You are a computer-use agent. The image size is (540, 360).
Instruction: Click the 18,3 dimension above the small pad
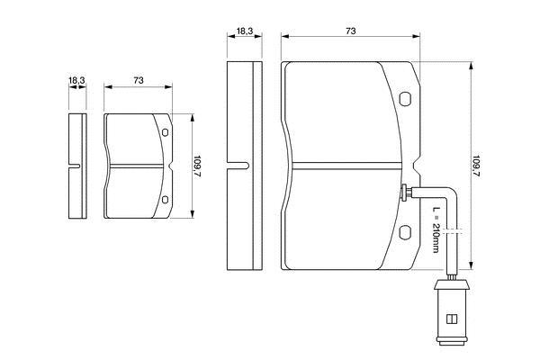[x=76, y=81]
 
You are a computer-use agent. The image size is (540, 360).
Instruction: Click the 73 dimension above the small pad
[x=138, y=80]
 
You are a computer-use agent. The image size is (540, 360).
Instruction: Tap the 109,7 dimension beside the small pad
[x=197, y=166]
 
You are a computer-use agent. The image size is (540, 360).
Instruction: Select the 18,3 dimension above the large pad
[x=245, y=31]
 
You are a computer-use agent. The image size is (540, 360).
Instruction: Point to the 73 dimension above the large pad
[x=351, y=31]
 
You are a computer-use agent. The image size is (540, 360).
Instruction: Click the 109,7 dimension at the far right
[x=476, y=166]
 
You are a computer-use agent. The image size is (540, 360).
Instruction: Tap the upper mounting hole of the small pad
[x=165, y=132]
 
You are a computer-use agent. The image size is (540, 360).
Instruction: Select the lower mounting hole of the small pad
[x=165, y=199]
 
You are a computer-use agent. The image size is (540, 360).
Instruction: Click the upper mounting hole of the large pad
[x=405, y=98]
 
